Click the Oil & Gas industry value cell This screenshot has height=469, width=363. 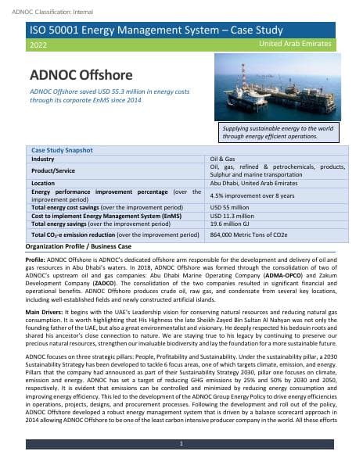click(223, 158)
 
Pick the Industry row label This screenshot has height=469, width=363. click(43, 158)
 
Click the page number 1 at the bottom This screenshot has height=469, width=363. click(181, 444)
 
